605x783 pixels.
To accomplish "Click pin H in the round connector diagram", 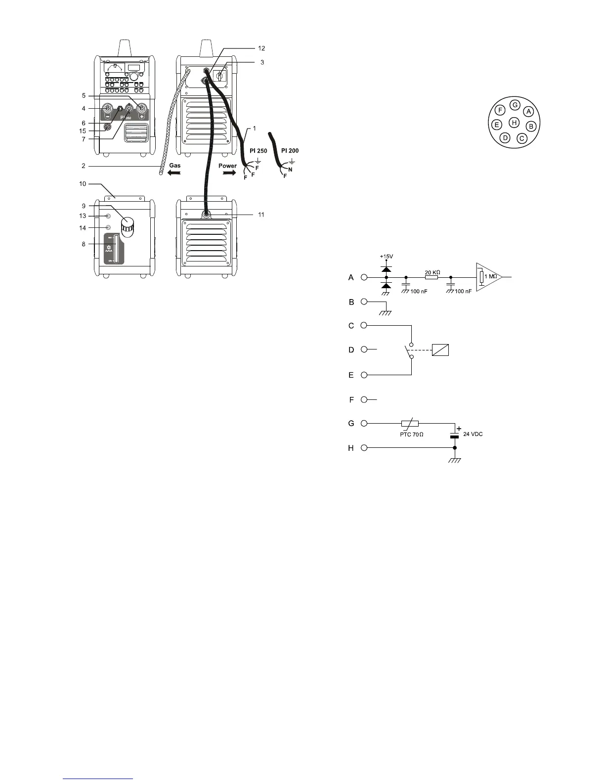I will [x=514, y=122].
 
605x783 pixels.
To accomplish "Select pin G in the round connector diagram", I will [x=515, y=105].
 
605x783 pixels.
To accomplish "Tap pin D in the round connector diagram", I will [x=505, y=138].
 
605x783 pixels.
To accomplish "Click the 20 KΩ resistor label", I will [x=432, y=272].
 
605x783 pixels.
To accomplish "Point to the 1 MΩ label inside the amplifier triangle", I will [x=490, y=277].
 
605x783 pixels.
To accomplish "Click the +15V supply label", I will [x=386, y=257].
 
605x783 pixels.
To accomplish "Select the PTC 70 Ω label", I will [x=412, y=435].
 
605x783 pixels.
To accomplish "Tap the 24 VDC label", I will [x=473, y=434].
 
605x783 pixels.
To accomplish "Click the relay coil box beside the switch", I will [x=440, y=349].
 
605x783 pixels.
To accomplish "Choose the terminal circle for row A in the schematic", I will [x=364, y=277].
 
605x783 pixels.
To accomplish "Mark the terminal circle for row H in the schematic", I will [x=364, y=448].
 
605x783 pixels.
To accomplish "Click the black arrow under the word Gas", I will [x=173, y=174].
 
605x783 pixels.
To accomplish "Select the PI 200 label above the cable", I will [x=290, y=151].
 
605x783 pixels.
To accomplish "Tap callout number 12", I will [x=261, y=48].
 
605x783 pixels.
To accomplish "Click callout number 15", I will [x=84, y=131].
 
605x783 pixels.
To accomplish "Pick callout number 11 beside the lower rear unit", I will [x=261, y=215].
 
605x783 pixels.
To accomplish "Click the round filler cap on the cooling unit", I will [x=129, y=227].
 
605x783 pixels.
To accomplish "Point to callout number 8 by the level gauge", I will [x=84, y=244].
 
